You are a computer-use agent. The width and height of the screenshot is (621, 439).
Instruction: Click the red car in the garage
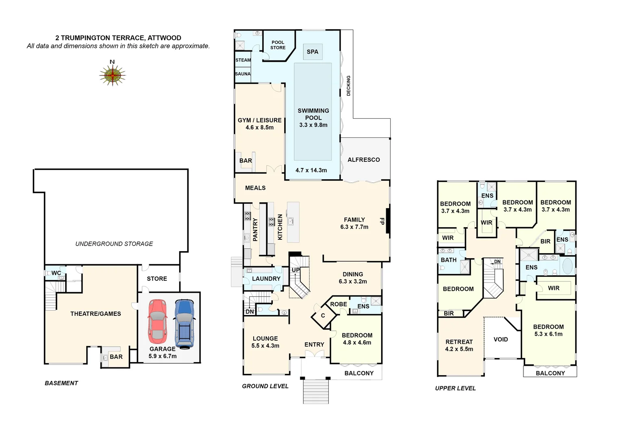(157, 321)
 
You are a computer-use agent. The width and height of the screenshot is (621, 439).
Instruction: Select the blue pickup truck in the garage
(185, 324)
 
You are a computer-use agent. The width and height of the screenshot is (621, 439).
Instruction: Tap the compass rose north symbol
(113, 75)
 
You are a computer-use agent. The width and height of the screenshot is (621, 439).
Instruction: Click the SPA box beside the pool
(313, 52)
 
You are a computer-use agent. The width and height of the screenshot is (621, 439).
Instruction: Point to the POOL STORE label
(278, 45)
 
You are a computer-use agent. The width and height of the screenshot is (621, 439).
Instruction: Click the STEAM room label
(243, 60)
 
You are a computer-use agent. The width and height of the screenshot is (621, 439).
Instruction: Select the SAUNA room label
(243, 74)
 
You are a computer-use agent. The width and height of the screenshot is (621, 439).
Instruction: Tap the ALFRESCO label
(364, 160)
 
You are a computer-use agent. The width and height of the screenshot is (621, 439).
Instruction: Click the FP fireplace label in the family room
(382, 221)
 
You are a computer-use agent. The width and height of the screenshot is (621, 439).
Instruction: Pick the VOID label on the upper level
(501, 339)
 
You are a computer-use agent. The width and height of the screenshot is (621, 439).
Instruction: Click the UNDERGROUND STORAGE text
(114, 244)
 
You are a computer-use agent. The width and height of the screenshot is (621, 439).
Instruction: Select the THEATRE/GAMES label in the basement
(96, 314)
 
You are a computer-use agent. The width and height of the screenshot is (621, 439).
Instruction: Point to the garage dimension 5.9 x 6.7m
(163, 356)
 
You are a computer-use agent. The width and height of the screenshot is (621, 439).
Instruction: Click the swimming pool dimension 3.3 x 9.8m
(313, 125)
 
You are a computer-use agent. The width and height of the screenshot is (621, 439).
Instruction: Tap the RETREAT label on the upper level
(459, 342)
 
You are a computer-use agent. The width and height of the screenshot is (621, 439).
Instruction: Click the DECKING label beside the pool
(348, 86)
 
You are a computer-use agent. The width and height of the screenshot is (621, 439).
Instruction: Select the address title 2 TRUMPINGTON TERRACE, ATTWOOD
(118, 38)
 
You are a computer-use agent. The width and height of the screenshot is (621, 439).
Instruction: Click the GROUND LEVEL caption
(265, 386)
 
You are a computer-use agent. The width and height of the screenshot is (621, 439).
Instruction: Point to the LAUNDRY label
(266, 279)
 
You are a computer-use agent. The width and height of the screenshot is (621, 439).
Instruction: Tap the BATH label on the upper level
(449, 260)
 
